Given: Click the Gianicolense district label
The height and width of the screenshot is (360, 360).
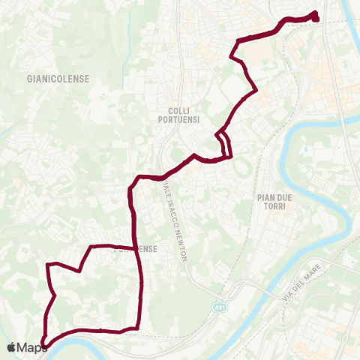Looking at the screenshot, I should click(58, 78).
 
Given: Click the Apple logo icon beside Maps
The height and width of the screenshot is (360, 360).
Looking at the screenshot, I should click(12, 347).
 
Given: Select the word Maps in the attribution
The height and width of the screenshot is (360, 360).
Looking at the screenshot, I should click(34, 347).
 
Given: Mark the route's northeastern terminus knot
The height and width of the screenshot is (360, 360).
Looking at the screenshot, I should click(315, 16).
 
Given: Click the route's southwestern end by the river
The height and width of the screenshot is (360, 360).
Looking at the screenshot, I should click(43, 345).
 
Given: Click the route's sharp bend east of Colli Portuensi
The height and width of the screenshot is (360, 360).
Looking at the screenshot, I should click(256, 91).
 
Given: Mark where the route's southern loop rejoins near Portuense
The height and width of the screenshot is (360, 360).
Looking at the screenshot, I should click(136, 247).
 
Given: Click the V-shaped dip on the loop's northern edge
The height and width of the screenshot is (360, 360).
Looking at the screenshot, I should click(79, 271).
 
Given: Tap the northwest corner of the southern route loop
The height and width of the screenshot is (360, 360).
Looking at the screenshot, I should click(49, 265).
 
